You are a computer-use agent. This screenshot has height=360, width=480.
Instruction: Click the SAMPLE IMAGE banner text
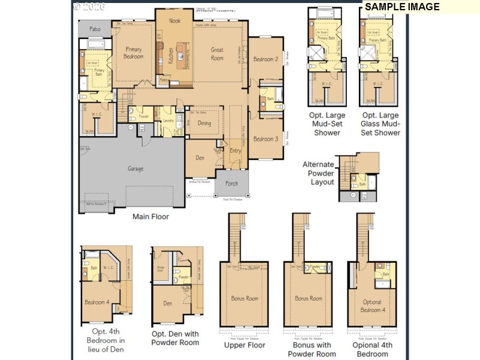402,7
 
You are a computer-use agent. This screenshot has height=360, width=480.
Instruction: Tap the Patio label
95,29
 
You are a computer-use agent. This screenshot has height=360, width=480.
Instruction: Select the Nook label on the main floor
175,21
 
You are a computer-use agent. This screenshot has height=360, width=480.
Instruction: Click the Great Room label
217,54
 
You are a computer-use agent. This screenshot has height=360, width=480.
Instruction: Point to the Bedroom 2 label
265,59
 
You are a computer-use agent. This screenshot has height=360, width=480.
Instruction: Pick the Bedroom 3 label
265,139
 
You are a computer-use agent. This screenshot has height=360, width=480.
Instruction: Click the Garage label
136,169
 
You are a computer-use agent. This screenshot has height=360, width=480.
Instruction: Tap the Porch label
232,184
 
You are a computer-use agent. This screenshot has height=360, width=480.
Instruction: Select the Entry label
235,151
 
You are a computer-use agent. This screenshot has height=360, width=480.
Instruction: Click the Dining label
205,124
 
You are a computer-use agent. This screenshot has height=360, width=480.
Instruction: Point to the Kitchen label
170,56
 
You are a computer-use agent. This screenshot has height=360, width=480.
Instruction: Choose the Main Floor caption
151,217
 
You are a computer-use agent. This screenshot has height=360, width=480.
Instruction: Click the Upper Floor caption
245,345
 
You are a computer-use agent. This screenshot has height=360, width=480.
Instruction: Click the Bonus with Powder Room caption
313,349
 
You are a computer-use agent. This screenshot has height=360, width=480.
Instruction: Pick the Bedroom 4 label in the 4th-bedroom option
96,302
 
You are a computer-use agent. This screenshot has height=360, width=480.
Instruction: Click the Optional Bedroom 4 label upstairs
372,306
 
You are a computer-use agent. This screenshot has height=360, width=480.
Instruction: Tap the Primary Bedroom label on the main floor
133,53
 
